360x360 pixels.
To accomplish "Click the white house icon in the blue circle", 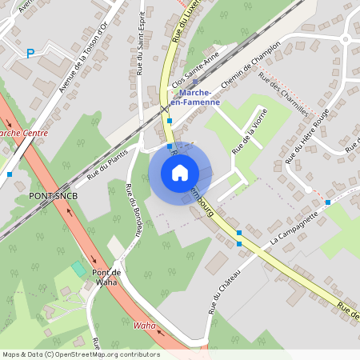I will click(179, 172).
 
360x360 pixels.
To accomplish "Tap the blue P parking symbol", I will click(30, 54).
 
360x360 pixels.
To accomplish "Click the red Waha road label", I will click(144, 325).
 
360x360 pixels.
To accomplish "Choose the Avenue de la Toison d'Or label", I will click(83, 59).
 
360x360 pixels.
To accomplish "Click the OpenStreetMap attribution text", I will click(80, 354).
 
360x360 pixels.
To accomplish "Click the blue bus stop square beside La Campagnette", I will click(327, 202).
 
